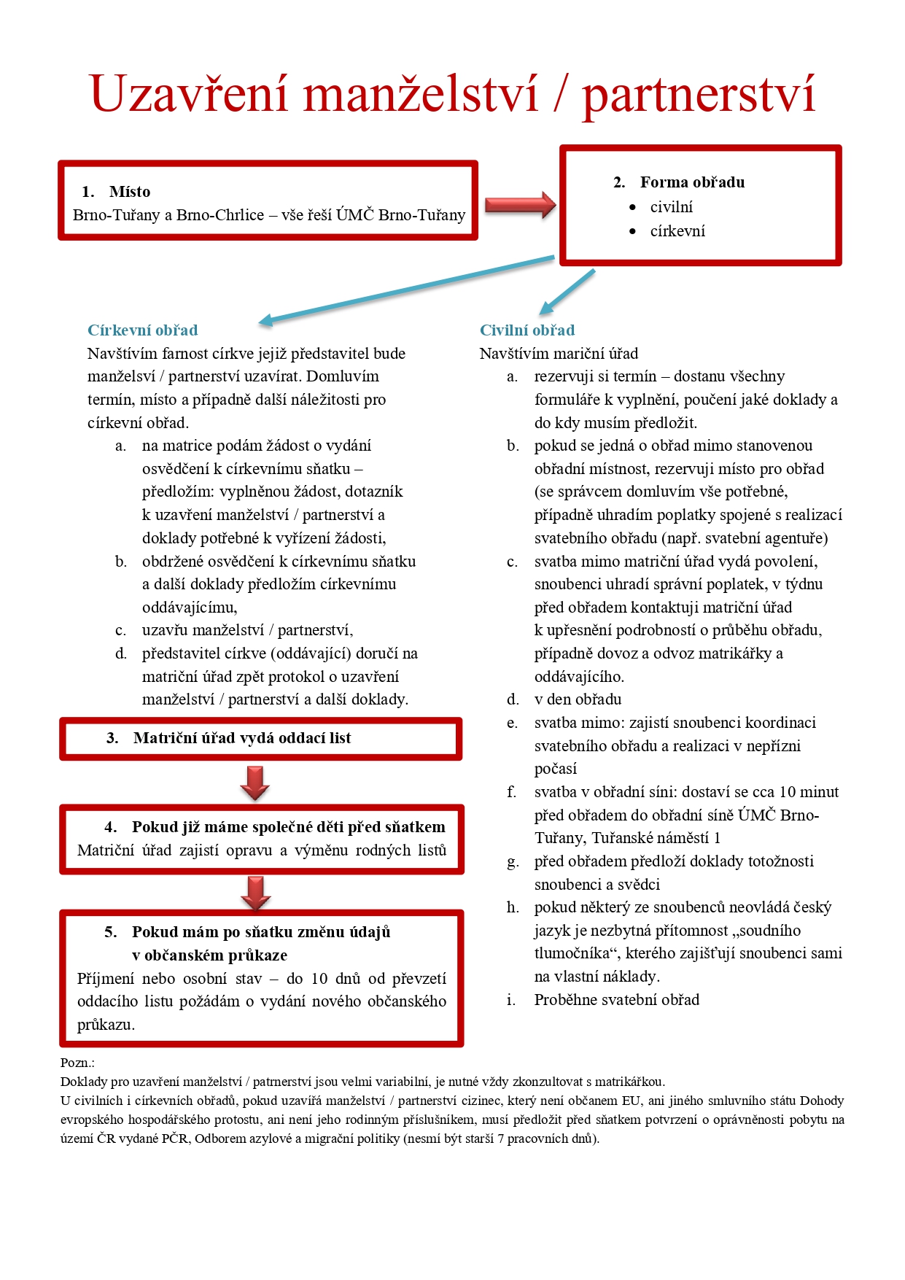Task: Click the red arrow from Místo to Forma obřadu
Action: point(520,205)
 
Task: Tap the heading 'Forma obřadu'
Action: point(692,182)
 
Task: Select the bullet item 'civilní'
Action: point(671,207)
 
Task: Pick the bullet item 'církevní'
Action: point(677,231)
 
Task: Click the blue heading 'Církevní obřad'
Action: point(143,330)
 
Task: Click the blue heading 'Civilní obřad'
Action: point(527,330)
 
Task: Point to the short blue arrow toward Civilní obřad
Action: point(567,292)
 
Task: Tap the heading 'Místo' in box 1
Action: point(130,192)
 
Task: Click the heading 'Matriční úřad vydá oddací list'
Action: point(242,738)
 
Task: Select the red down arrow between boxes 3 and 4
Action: point(255,783)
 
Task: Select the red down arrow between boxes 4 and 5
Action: point(255,893)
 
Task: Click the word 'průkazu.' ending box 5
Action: point(106,1025)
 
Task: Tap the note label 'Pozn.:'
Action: point(77,1063)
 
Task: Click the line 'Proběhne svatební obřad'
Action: point(616,1000)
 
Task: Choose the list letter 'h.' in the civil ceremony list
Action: point(513,907)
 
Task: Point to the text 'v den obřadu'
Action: point(578,699)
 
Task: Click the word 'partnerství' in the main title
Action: point(698,94)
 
